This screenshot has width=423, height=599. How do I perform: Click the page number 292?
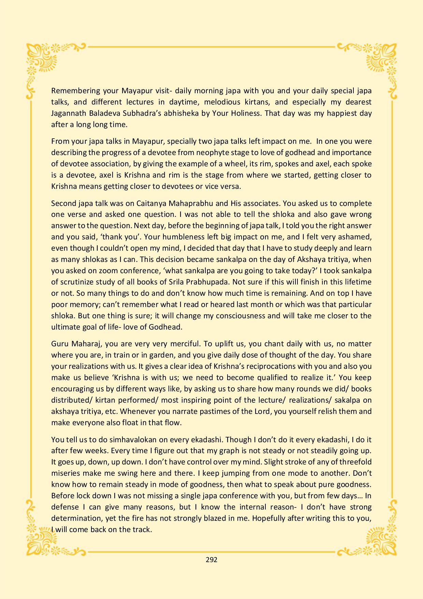point(211,560)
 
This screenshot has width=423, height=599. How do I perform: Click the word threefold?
point(354,462)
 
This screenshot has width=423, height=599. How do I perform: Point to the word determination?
point(74,518)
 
